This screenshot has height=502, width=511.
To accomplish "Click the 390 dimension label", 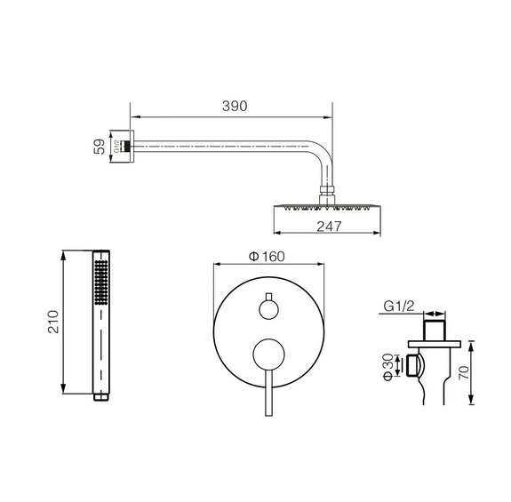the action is [x=235, y=107].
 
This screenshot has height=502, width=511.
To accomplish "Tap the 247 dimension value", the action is [x=329, y=227].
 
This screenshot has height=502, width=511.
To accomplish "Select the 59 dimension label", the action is [x=100, y=147].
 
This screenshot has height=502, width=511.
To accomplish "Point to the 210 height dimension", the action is [x=53, y=322].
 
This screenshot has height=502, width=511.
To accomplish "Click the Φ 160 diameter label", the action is [x=267, y=257].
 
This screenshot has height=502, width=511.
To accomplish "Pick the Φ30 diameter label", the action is [x=388, y=367].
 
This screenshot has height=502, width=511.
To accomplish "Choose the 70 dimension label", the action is [x=464, y=372].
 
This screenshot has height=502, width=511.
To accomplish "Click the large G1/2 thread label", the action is [x=398, y=307].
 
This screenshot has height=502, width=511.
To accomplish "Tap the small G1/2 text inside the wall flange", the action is [x=116, y=147].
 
